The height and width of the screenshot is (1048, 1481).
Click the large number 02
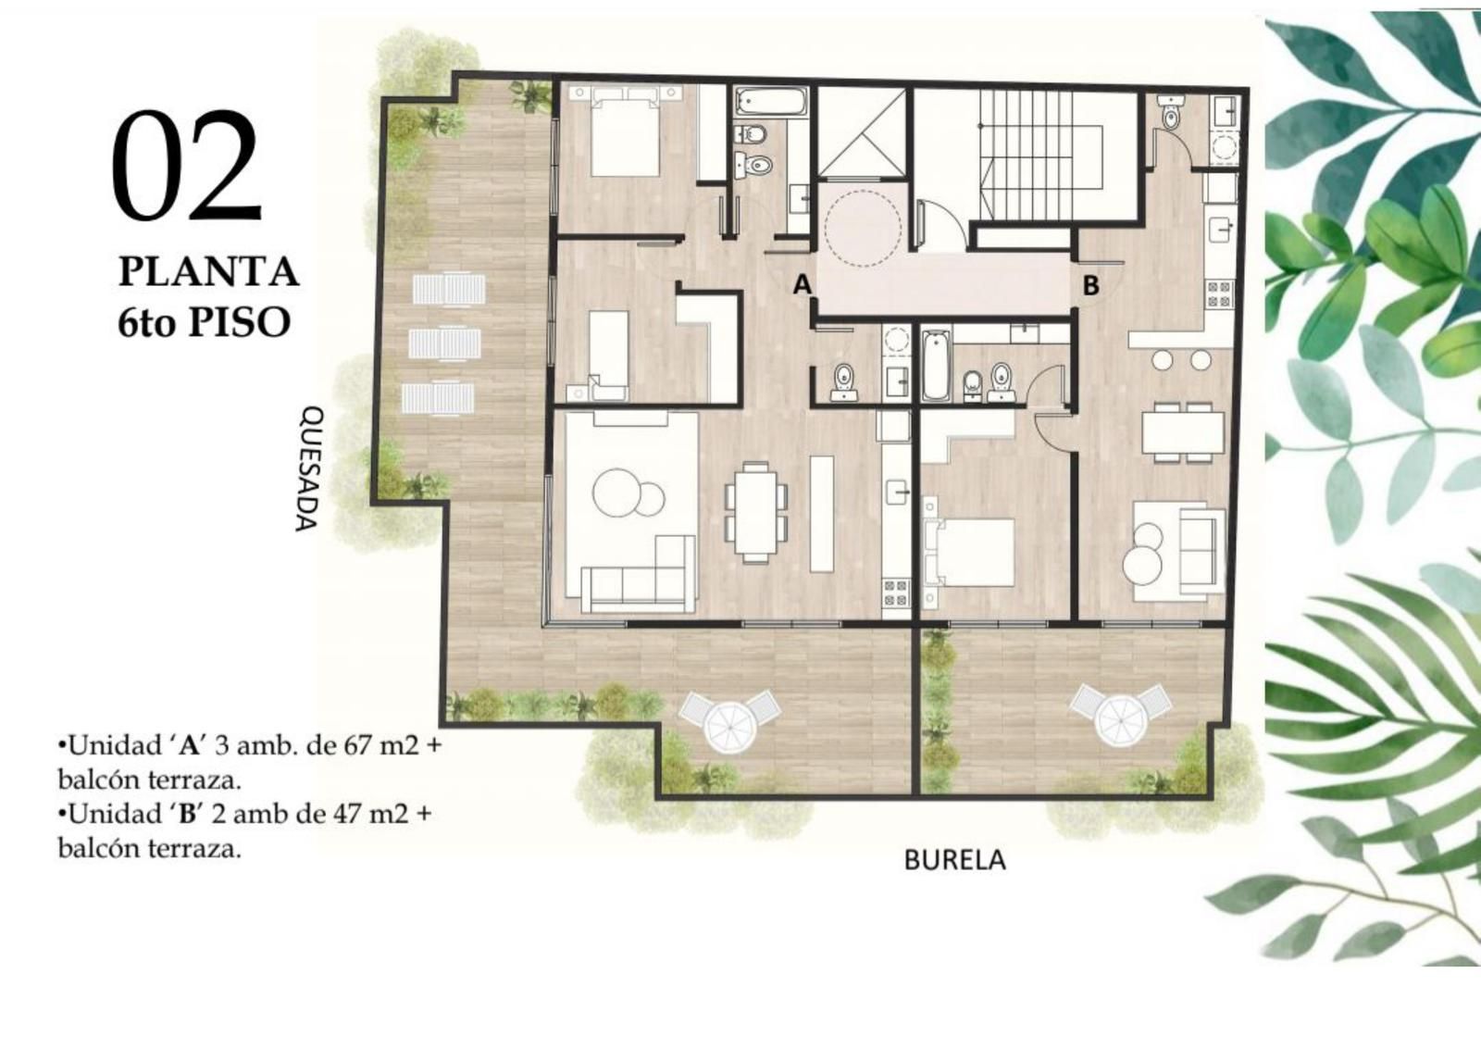(187, 166)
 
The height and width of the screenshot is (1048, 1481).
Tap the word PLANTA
(208, 272)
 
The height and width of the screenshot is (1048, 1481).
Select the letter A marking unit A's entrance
(802, 284)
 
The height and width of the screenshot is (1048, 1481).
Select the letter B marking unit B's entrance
(1091, 286)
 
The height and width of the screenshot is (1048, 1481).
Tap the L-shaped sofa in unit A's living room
(638, 581)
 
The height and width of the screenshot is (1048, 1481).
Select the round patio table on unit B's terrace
(1122, 720)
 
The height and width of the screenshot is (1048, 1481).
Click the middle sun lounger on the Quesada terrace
(441, 343)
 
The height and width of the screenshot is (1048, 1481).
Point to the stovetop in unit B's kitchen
(1221, 294)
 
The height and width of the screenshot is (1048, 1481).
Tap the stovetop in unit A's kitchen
(897, 593)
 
